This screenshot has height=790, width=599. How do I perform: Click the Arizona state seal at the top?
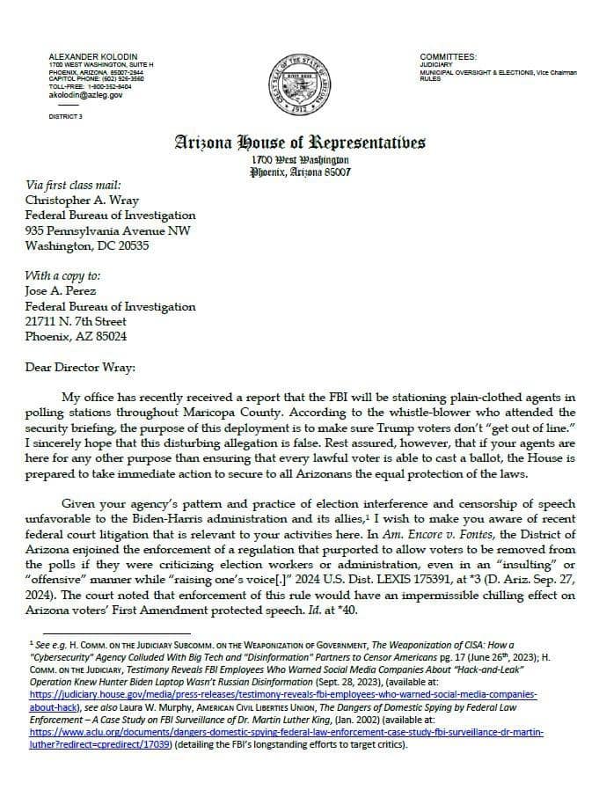[x=299, y=86]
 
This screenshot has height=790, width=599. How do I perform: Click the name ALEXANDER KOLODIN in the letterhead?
[x=88, y=56]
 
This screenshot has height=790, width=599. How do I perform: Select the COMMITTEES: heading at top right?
[x=449, y=55]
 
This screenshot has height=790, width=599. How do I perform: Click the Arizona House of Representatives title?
[x=300, y=142]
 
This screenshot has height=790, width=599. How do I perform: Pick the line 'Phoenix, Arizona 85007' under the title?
[x=300, y=172]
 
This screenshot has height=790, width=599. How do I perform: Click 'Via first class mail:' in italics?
[x=73, y=186]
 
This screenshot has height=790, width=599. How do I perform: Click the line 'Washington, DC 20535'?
[x=86, y=246]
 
